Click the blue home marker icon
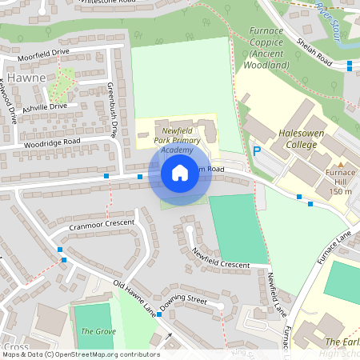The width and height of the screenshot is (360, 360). pyautogui.click(x=180, y=172)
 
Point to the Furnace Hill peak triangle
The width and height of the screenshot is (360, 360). pyautogui.click(x=341, y=164)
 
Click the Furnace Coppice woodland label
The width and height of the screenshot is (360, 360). pyautogui.click(x=269, y=48)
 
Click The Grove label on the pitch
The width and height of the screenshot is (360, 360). pyautogui.click(x=92, y=331)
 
